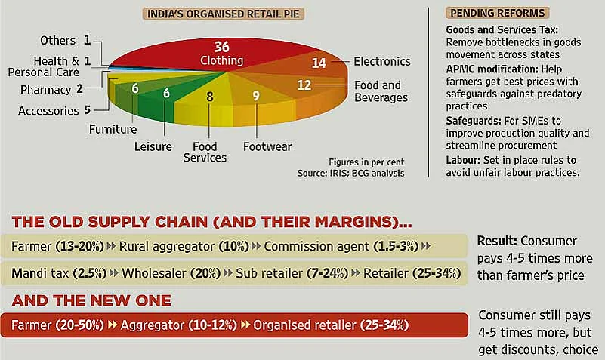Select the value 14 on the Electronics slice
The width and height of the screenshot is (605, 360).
point(319,63)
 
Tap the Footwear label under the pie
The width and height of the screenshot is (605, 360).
point(267,146)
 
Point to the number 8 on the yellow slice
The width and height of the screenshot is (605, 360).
point(209,97)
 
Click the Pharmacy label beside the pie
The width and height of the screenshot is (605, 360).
point(45,89)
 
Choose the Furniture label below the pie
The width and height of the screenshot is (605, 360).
point(113,129)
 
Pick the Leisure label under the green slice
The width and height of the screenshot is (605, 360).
point(153,146)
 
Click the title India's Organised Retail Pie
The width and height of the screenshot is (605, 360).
point(223,14)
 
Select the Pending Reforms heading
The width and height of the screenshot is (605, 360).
point(497,13)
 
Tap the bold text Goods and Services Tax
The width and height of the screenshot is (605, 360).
point(502,29)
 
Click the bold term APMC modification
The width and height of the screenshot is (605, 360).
point(492,69)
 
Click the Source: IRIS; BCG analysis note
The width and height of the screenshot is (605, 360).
point(350,173)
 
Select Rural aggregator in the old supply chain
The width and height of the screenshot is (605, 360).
point(166,246)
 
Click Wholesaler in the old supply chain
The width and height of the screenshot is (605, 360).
point(154,273)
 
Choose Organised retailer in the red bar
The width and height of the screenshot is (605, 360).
point(304,325)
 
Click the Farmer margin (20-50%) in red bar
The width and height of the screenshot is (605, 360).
point(79,325)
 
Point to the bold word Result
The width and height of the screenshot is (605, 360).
point(497,241)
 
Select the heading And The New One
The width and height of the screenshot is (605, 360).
point(91,300)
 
